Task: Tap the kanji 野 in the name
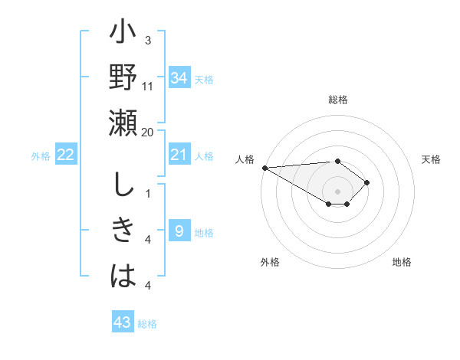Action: coord(123,79)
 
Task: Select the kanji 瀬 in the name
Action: coord(123,123)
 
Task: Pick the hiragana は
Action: coord(123,275)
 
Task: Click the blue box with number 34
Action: coord(179,78)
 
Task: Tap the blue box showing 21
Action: coord(179,155)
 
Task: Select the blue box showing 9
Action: coord(179,231)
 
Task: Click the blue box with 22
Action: coord(66,155)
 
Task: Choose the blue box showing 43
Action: coord(123,322)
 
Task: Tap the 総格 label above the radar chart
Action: coord(338,100)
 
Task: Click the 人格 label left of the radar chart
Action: coord(245,159)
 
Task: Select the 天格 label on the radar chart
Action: coord(431,159)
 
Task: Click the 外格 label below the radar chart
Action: coord(270,262)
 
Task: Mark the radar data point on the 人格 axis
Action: coord(264,168)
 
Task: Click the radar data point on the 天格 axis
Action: coord(368,182)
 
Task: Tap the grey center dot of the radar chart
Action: coord(338,191)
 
